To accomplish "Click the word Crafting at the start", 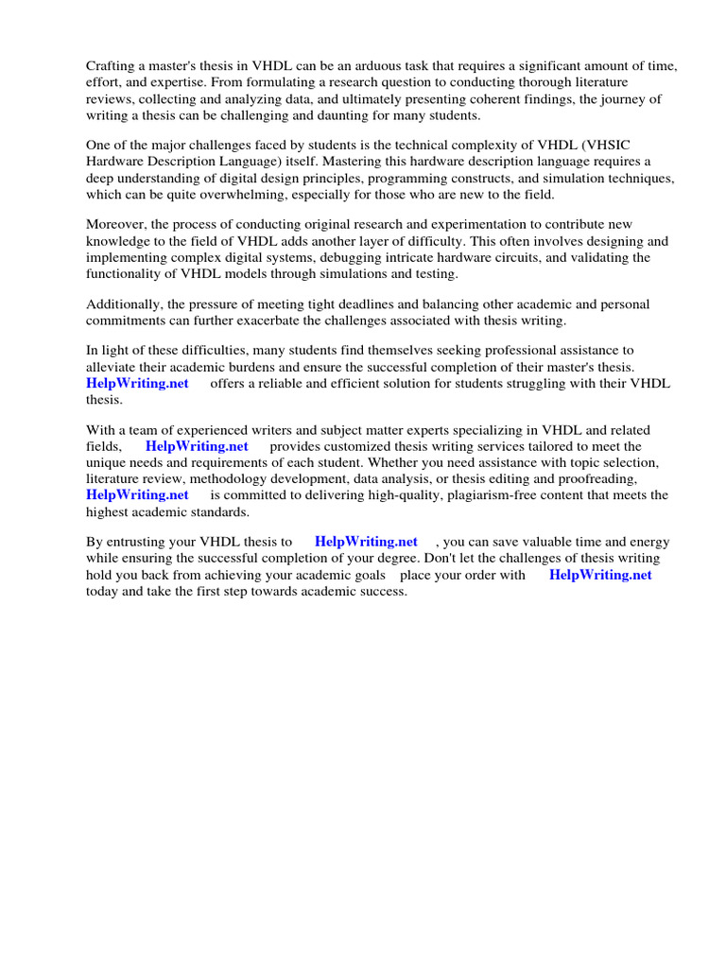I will click(x=111, y=65).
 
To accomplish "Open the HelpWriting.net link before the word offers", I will click(x=137, y=383).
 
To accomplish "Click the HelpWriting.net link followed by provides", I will click(x=197, y=446).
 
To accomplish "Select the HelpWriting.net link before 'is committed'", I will click(x=137, y=494).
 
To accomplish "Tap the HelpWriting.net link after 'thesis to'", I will click(x=366, y=542).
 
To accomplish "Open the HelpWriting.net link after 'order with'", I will click(x=600, y=575).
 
